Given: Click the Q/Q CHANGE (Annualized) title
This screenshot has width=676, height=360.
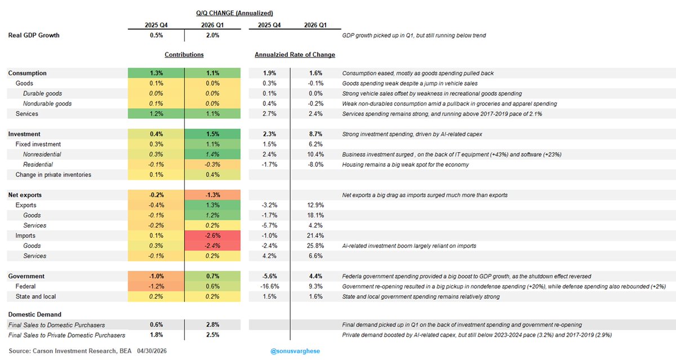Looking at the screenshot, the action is coord(234,13).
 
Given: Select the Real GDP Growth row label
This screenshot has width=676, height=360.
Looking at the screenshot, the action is coord(34,35).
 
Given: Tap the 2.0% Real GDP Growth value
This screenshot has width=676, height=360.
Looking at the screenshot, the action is coord(213,35).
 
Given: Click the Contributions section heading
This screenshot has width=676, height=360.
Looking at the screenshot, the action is coord(184,55).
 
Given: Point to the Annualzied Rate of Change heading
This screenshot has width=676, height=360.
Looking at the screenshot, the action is coord(295,55).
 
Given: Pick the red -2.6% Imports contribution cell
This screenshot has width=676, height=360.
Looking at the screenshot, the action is coord(213,235).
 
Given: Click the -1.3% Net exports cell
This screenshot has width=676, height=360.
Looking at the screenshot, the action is coord(213,195).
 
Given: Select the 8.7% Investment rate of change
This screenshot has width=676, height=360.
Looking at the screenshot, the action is coord(315,134).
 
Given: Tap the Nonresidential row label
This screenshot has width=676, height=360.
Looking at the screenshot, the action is coord(42,154).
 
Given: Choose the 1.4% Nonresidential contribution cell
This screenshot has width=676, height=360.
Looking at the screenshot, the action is coord(213,154).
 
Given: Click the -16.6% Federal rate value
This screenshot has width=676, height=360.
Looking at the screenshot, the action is coord(269,286).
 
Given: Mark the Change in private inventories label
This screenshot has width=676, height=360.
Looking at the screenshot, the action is coord(54,175).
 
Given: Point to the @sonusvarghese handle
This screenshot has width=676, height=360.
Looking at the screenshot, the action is coord(295,351).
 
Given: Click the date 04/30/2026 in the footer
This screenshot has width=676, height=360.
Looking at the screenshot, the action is coord(152,351).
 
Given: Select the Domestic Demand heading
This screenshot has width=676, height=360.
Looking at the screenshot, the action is coord(35,314).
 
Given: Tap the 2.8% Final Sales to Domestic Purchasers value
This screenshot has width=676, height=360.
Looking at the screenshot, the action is coord(213,325).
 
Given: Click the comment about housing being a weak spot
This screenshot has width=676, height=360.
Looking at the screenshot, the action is coord(405,165).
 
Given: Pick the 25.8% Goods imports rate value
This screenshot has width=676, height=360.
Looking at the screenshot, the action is coord(315,246).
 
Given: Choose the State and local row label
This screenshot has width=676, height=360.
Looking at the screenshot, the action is coord(35,297).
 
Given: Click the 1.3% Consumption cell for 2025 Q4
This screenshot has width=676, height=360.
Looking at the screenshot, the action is coord(156,73).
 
